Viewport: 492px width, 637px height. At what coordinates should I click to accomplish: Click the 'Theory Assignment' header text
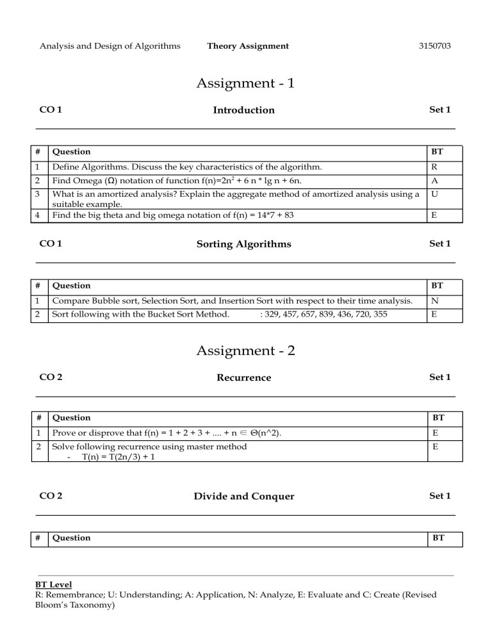(x=248, y=45)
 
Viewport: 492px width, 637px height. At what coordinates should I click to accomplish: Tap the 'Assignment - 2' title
(x=245, y=351)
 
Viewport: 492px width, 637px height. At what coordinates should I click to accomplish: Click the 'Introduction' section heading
(x=243, y=110)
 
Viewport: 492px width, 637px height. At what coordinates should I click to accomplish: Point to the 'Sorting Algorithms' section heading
(x=243, y=244)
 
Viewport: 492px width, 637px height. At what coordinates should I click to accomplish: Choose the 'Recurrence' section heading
(x=243, y=378)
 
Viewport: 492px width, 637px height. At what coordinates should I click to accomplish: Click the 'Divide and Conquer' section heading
(x=243, y=497)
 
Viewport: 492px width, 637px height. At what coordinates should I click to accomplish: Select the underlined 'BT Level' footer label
(x=54, y=585)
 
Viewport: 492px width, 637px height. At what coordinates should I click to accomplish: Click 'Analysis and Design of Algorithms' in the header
(x=110, y=45)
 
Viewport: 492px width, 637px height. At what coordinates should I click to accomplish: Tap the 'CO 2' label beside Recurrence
(x=51, y=378)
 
